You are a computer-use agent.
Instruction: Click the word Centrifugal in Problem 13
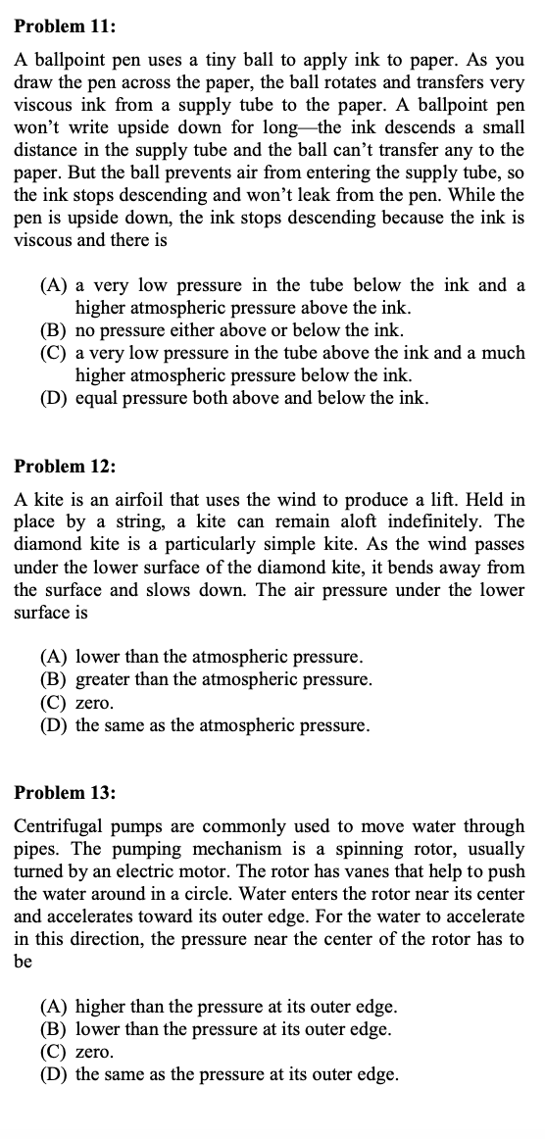click(61, 826)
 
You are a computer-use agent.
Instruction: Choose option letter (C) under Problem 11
click(54, 353)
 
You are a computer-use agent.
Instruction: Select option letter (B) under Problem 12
click(54, 679)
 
